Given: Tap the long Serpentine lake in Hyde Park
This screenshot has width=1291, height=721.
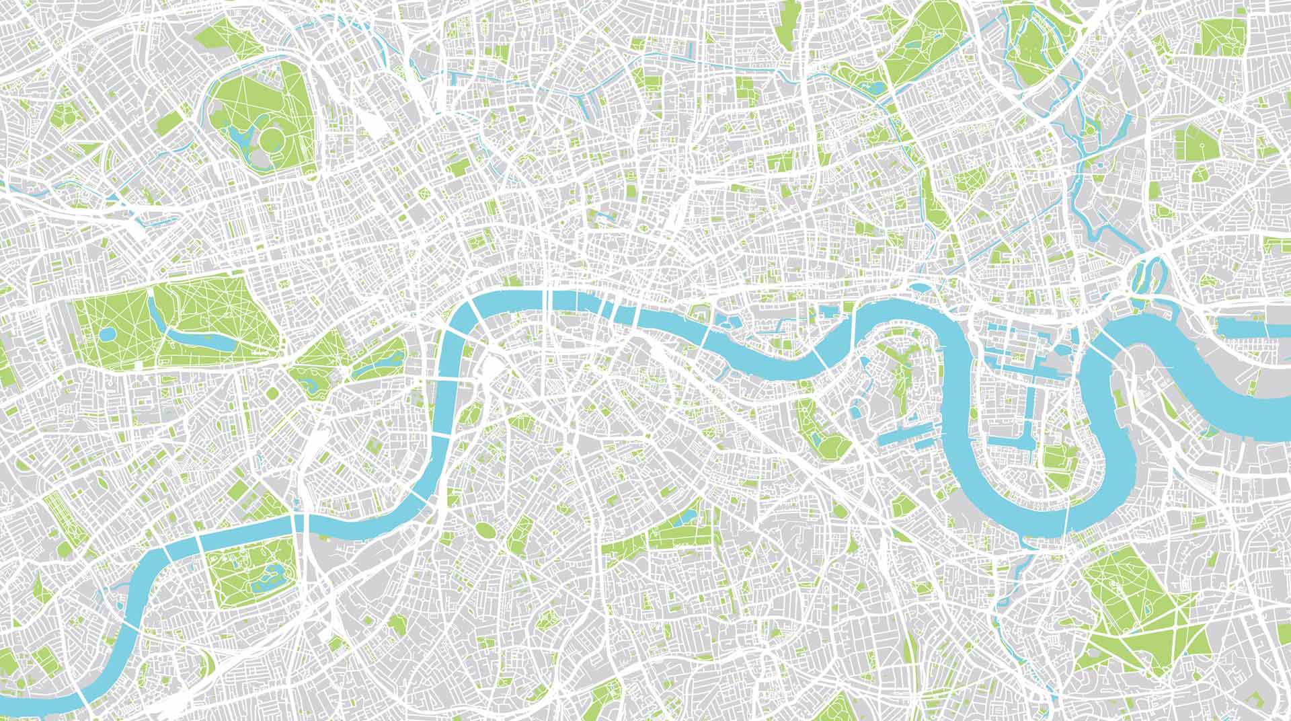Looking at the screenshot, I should (x=202, y=336).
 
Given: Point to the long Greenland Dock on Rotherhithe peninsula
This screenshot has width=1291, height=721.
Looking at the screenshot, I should (x=908, y=439).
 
